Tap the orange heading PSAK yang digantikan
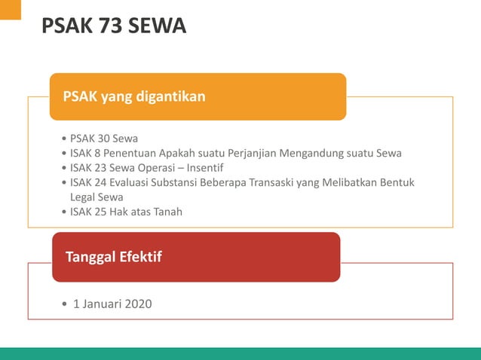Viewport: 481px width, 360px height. click(134, 96)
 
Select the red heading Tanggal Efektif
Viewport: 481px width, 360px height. click(113, 257)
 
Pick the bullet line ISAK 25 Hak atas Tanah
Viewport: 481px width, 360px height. click(126, 212)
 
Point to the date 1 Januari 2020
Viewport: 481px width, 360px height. click(112, 304)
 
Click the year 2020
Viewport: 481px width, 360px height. click(138, 304)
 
